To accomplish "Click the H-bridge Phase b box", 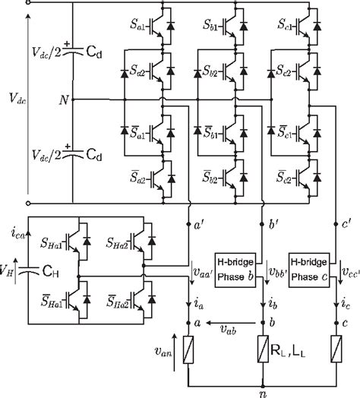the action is [x=235, y=270].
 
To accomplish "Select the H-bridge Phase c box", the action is [x=309, y=270].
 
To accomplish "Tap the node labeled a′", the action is [x=188, y=224].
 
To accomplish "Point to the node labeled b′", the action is [x=263, y=224].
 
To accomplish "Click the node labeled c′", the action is [x=336, y=224].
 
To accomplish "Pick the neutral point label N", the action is [x=64, y=100].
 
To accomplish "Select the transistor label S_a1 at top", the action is [x=137, y=24].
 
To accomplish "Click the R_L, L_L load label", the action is [x=288, y=351].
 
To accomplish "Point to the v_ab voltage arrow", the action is [x=231, y=323].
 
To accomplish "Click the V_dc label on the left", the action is [x=17, y=98].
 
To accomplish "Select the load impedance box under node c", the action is [x=336, y=349].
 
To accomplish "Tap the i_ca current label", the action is [x=18, y=233].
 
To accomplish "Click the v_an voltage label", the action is [x=163, y=352].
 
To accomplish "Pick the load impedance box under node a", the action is [x=188, y=350].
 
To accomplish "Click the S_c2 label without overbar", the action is [x=284, y=71].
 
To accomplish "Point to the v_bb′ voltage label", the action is [x=278, y=273].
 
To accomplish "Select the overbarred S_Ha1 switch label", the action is [x=52, y=301].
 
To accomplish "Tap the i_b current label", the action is [x=273, y=304].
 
